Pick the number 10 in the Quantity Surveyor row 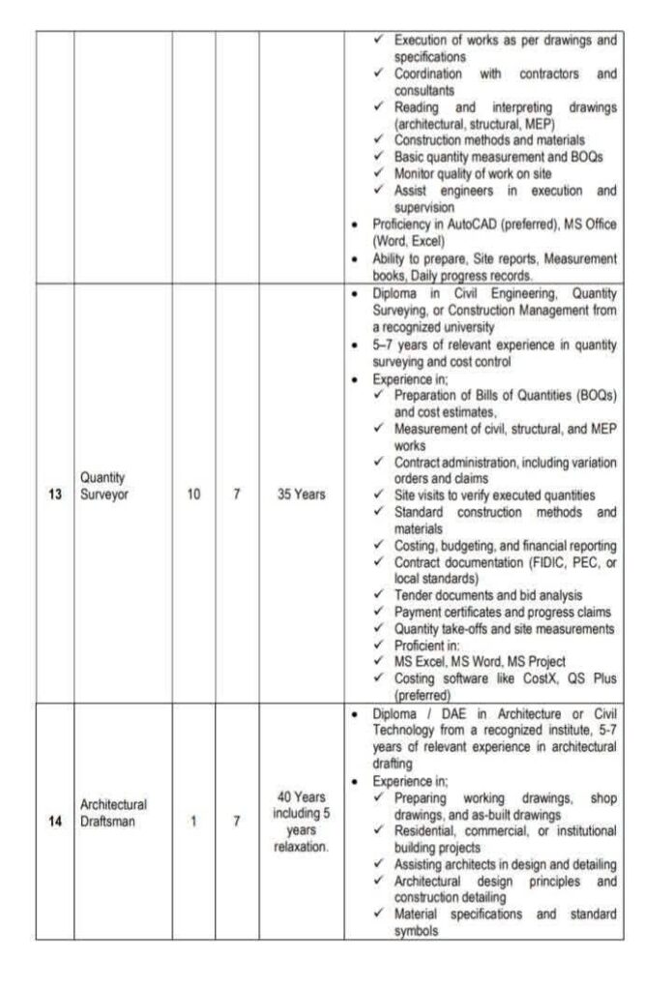point(193,494)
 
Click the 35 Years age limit point(301,494)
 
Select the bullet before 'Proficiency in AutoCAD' point(359,225)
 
